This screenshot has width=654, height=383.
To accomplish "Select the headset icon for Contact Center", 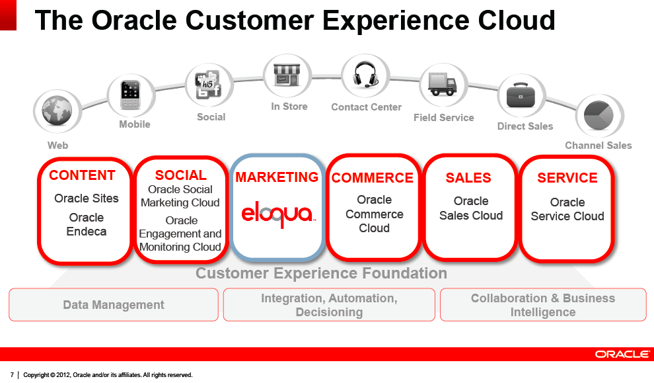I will coord(365,75).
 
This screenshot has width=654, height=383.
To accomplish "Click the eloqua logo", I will coord(278,214).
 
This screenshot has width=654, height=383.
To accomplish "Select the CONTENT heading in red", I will coord(82,175).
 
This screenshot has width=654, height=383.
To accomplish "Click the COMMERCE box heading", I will coord(373,178).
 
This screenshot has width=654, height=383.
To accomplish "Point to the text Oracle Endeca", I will coord(87,224).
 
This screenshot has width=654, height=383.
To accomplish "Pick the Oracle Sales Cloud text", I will coord(471,208).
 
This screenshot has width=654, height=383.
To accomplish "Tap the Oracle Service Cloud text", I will coord(567,209).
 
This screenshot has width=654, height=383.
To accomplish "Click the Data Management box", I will coord(114,305).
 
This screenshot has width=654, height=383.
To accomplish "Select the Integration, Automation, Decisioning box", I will coord(329,305).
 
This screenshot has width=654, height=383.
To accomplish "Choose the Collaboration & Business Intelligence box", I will coord(542,305).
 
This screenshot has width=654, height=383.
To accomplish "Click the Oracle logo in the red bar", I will coord(621,355).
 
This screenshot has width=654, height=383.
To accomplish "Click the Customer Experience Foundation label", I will coord(321,273).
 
